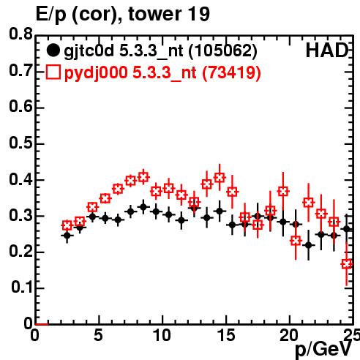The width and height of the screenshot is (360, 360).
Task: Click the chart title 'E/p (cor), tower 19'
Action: (122, 15)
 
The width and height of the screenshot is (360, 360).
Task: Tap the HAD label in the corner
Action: (327, 50)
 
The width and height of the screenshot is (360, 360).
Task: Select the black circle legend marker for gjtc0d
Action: (53, 50)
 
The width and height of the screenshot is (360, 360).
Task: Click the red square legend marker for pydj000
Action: (53, 72)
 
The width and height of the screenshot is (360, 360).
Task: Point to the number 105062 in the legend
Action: (223, 50)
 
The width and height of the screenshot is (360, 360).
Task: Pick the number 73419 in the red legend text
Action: (231, 72)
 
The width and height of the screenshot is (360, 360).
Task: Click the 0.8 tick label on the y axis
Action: (20, 34)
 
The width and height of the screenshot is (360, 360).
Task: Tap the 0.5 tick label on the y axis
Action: (20, 143)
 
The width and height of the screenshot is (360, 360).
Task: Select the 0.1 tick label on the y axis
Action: (21, 288)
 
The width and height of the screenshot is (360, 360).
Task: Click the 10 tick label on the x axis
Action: (162, 335)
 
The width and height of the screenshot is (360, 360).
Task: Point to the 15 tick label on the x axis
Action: (226, 335)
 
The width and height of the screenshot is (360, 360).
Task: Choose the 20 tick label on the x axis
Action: (290, 335)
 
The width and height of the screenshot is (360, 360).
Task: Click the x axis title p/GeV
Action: (323, 350)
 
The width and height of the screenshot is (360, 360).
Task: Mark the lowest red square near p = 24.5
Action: (347, 264)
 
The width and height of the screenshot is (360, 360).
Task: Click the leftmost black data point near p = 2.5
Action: (67, 236)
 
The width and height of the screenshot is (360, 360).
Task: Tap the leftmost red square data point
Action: (67, 225)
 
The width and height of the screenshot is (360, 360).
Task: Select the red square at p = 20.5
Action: (296, 241)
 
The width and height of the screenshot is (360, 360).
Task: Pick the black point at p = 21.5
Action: (309, 245)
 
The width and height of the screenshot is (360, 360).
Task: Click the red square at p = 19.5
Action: (283, 192)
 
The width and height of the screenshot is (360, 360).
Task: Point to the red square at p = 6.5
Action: (118, 189)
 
